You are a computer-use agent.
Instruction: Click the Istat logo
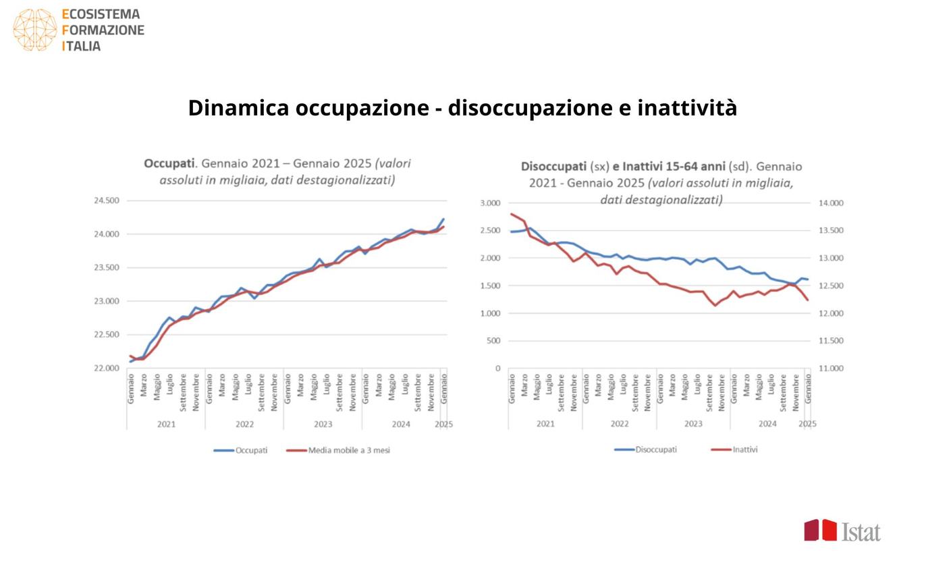click(x=842, y=531)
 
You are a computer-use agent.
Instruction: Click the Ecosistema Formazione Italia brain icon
click(x=34, y=30)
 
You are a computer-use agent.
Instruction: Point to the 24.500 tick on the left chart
click(x=106, y=200)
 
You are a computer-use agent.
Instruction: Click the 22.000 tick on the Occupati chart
click(x=106, y=369)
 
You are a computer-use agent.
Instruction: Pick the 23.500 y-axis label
click(x=106, y=268)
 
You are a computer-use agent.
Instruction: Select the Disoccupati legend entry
click(x=655, y=450)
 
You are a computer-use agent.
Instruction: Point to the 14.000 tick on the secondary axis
click(x=831, y=203)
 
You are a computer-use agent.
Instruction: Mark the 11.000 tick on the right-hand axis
click(x=831, y=369)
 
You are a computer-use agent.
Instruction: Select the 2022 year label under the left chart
click(x=244, y=425)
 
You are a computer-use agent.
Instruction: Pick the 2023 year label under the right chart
click(x=693, y=424)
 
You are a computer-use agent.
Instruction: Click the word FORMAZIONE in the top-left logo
click(x=103, y=30)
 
